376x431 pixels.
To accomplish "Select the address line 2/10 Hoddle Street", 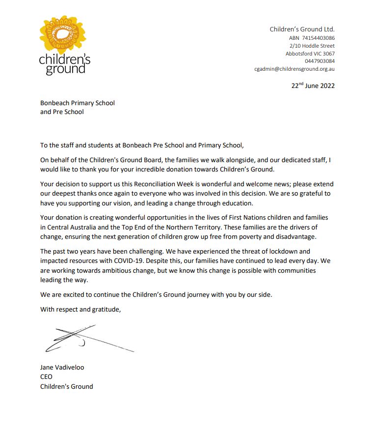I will point(312,46).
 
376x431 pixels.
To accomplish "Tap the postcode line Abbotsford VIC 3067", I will point(310,54).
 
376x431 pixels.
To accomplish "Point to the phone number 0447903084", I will point(320,61).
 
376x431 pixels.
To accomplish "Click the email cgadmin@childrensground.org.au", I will point(295,69).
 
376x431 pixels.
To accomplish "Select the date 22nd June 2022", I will point(313,86).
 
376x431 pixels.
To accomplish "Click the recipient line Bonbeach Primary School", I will point(78,103).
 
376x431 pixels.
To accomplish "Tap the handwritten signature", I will point(83,339).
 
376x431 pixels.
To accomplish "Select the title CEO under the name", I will point(46,376).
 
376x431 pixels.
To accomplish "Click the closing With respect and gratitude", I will point(80,309).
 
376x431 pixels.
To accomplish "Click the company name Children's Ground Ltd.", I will point(302,29).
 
